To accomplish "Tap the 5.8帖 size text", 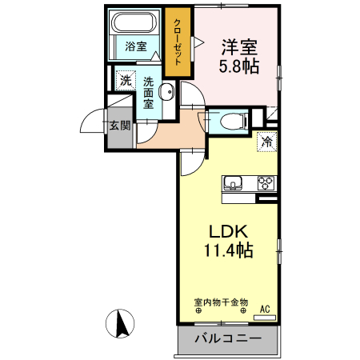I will [239, 67].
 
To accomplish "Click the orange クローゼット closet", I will [178, 42].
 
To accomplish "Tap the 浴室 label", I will [135, 46].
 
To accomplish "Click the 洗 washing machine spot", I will [124, 80].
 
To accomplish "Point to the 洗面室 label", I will [149, 92].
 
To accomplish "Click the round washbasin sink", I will [167, 90].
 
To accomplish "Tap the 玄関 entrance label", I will [120, 123].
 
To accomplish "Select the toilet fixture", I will [229, 122].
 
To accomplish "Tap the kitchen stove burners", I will [266, 183].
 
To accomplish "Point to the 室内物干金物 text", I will [221, 303].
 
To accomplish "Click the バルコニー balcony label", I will [228, 339].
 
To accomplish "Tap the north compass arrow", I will [122, 324].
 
